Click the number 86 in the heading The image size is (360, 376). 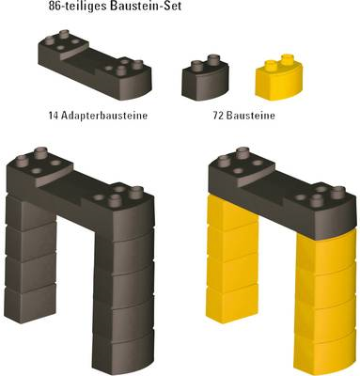click(x=55, y=6)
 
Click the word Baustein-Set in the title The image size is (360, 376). click(x=146, y=6)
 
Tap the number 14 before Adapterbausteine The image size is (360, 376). click(x=54, y=116)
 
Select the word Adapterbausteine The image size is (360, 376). click(x=104, y=116)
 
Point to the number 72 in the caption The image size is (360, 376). click(x=218, y=116)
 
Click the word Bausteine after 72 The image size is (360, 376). click(x=251, y=116)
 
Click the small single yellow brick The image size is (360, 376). click(x=279, y=78)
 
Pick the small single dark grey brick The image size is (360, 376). click(x=205, y=78)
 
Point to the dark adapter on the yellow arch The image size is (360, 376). click(x=282, y=195)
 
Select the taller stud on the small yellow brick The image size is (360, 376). click(x=287, y=60)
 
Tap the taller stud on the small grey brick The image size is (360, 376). click(x=213, y=60)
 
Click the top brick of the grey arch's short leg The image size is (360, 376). click(x=31, y=211)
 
